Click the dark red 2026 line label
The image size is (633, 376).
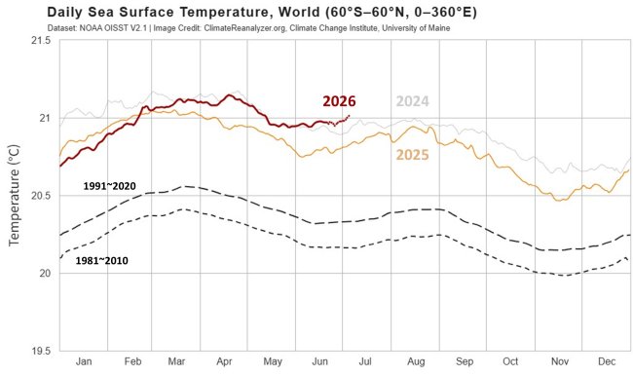(x=339, y=101)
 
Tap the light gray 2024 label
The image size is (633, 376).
(x=412, y=101)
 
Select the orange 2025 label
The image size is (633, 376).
(x=412, y=155)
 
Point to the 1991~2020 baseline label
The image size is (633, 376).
(x=109, y=186)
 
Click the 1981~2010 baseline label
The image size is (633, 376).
(x=101, y=261)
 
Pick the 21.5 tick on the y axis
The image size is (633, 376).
(x=40, y=41)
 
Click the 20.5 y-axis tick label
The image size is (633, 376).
(x=40, y=196)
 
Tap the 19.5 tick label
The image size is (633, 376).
(x=40, y=352)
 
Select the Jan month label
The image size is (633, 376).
(x=84, y=361)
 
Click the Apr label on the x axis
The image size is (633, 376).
(x=224, y=361)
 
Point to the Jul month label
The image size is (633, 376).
(x=365, y=361)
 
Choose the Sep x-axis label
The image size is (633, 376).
(x=465, y=361)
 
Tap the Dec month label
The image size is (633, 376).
(x=607, y=361)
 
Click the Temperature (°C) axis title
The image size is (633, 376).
(x=14, y=196)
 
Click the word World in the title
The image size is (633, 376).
(x=300, y=12)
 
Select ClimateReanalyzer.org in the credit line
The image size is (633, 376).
(x=245, y=28)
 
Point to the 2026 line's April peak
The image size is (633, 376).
(x=229, y=94)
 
